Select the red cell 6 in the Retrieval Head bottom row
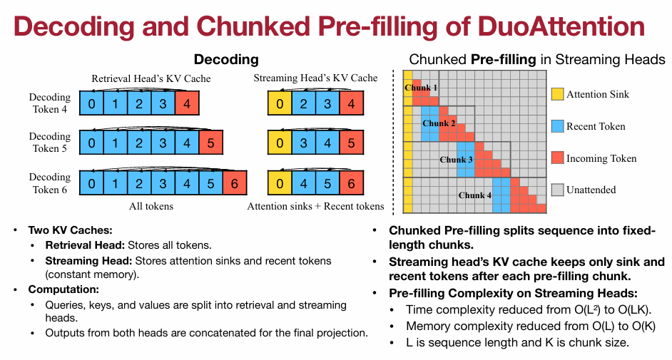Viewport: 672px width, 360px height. pyautogui.click(x=234, y=183)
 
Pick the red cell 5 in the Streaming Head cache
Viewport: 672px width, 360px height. pyautogui.click(x=351, y=143)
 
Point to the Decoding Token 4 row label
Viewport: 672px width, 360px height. pyautogui.click(x=50, y=103)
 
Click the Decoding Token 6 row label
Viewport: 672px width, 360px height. pyautogui.click(x=50, y=183)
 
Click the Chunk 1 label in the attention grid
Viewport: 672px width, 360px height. pyautogui.click(x=421, y=87)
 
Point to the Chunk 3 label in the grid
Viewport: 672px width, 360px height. pyautogui.click(x=456, y=159)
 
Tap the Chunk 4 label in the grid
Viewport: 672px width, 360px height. pyautogui.click(x=474, y=195)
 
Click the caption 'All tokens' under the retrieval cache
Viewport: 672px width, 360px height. pyautogui.click(x=151, y=206)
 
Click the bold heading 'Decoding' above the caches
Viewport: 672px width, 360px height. pyautogui.click(x=226, y=59)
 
